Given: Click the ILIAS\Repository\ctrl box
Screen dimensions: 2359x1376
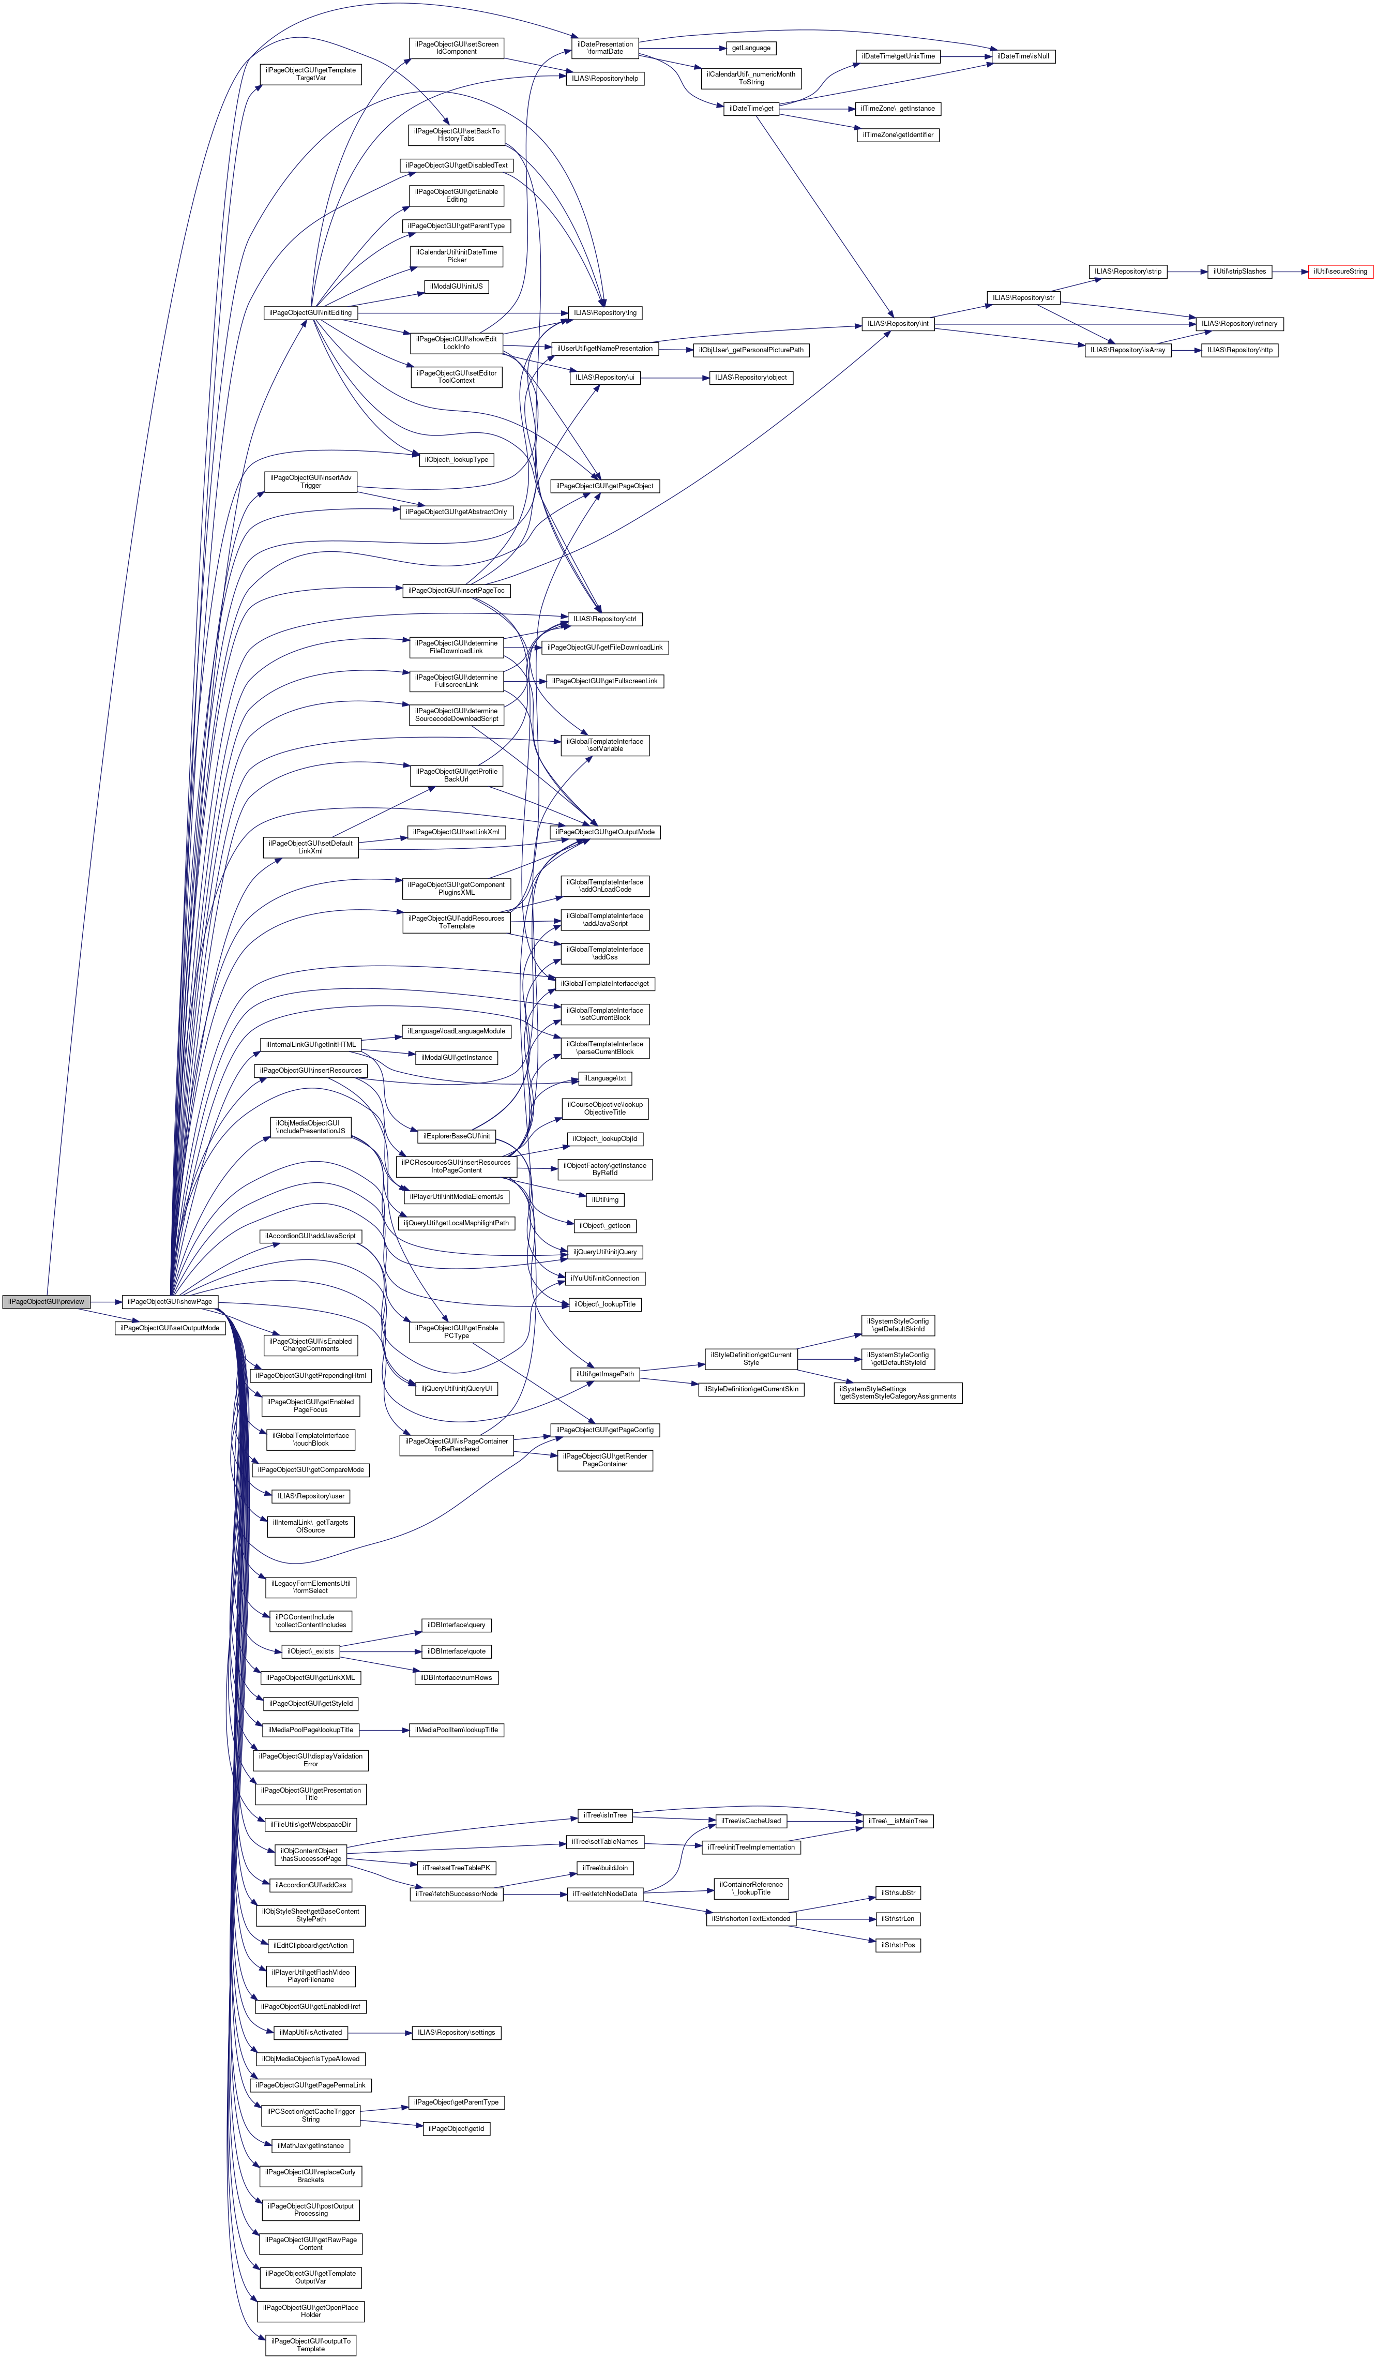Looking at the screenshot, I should [x=604, y=619].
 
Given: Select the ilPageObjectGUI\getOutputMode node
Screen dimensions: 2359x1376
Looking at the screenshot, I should [x=604, y=832].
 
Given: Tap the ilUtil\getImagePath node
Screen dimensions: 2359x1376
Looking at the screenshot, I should [x=604, y=1374].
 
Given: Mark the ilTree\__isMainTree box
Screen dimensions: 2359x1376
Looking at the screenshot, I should [x=897, y=1821].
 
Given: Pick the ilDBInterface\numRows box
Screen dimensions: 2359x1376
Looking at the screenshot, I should [x=456, y=1677].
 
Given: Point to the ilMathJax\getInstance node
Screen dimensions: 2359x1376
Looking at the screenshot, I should [x=311, y=2145].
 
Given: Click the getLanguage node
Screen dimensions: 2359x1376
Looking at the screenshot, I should [x=751, y=48].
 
